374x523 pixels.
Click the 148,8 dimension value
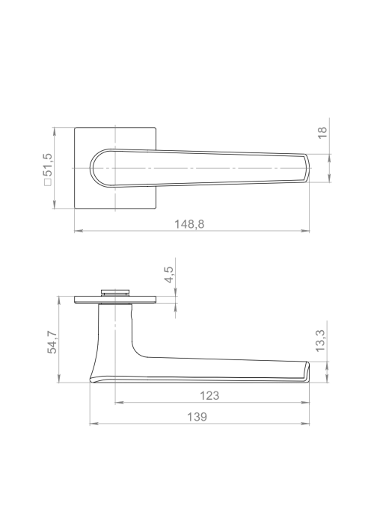pos(189,224)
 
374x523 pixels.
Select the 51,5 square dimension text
pos(49,164)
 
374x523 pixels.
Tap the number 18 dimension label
pos(322,133)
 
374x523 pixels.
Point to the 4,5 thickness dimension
pos(169,274)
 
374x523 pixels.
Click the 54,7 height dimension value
pos(52,342)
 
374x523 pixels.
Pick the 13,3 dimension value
pos(320,341)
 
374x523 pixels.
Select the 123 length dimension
pos(209,395)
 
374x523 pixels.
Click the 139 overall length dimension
pos(197,417)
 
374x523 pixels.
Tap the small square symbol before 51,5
pos(49,182)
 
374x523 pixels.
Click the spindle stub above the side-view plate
pos(115,292)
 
